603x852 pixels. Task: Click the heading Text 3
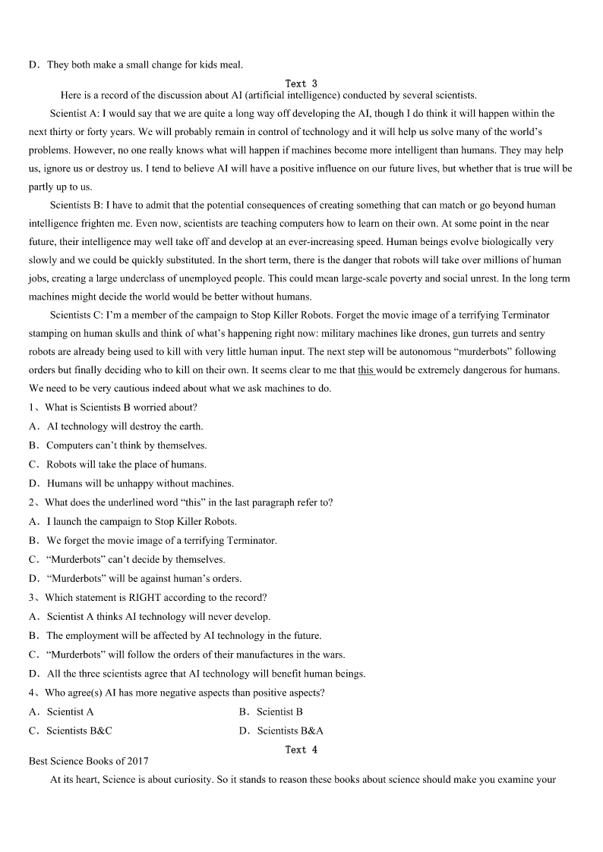pos(301,83)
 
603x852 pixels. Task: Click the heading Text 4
pos(301,750)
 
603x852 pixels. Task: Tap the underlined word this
pos(366,370)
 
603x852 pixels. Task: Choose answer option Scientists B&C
pos(79,731)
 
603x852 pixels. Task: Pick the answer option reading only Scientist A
pos(70,712)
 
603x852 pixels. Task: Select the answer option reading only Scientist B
pos(279,712)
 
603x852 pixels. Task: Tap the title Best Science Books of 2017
pos(88,761)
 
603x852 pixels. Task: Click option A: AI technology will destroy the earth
pos(125,426)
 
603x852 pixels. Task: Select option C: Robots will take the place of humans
pos(126,464)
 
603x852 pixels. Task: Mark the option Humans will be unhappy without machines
pos(140,483)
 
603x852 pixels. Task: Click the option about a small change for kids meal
pos(144,65)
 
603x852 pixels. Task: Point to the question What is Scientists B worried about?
pos(121,407)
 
